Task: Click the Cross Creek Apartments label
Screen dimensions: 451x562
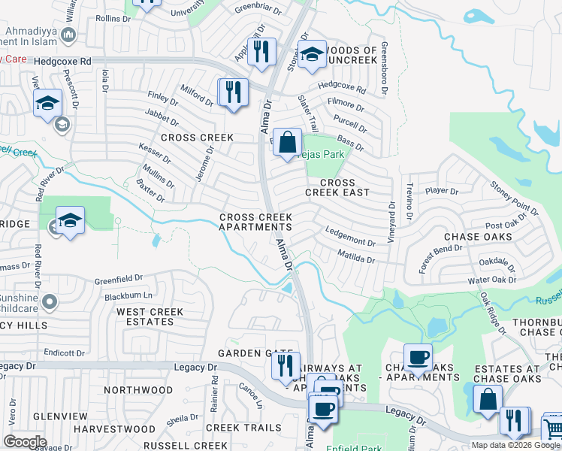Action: click(x=255, y=222)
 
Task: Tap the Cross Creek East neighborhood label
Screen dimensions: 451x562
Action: click(x=337, y=187)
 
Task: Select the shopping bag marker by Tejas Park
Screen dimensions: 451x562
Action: click(x=287, y=141)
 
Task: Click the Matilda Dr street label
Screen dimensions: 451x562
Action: click(x=355, y=259)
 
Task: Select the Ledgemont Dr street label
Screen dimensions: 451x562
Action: click(x=350, y=238)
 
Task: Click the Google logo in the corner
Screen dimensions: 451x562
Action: click(x=24, y=441)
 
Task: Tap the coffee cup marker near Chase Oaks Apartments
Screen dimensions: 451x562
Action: click(x=417, y=358)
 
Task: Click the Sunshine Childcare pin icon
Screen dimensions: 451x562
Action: click(x=50, y=302)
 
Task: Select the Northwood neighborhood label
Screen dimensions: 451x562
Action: click(x=138, y=390)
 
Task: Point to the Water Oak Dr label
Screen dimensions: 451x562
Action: click(x=493, y=280)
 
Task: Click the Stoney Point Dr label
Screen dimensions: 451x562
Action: click(x=514, y=197)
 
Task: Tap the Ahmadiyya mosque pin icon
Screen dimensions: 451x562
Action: click(x=68, y=35)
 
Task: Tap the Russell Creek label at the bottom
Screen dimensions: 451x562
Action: click(x=174, y=445)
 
